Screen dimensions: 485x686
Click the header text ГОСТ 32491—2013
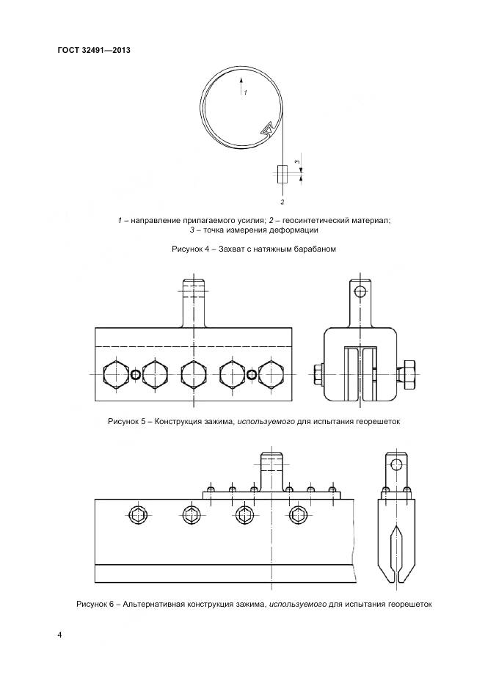94,50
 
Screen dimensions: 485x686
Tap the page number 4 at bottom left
59,635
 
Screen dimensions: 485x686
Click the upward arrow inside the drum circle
241,85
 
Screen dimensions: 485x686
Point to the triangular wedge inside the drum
267,129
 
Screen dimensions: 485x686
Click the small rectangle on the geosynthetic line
282,173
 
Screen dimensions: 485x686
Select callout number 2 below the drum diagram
282,202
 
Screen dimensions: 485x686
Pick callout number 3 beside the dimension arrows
297,162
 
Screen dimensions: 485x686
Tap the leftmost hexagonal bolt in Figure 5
115,375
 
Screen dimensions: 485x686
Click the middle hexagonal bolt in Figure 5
193,375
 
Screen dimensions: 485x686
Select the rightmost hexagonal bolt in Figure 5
271,375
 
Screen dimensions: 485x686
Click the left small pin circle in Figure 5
136,375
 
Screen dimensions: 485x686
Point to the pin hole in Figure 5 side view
360,291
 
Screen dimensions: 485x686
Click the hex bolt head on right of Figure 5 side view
408,375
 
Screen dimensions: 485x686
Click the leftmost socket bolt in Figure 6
138,514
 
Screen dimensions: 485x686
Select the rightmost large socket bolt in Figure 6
298,514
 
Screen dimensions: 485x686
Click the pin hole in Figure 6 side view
396,464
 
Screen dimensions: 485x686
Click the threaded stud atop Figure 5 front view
193,302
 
